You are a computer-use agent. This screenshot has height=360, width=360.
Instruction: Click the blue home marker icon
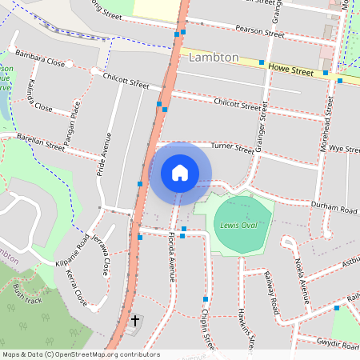[180, 172]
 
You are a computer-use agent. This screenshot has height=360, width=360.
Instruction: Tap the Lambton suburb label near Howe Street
[214, 58]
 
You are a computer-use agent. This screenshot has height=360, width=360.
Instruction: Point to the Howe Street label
[290, 71]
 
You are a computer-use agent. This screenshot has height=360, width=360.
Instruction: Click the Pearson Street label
[260, 32]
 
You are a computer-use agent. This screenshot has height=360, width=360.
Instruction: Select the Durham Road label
[334, 209]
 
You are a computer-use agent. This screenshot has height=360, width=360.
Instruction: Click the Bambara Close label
[39, 61]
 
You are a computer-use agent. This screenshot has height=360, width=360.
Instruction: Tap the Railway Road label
[272, 292]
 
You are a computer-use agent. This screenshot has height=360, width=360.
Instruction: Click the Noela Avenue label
[304, 280]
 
